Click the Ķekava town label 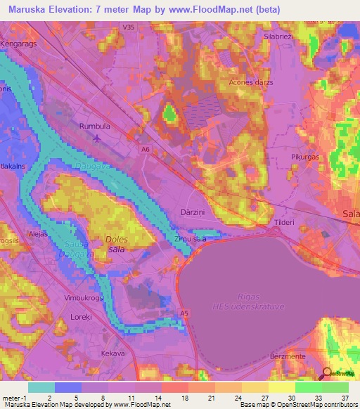click(112, 353)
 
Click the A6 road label click(144, 149)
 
